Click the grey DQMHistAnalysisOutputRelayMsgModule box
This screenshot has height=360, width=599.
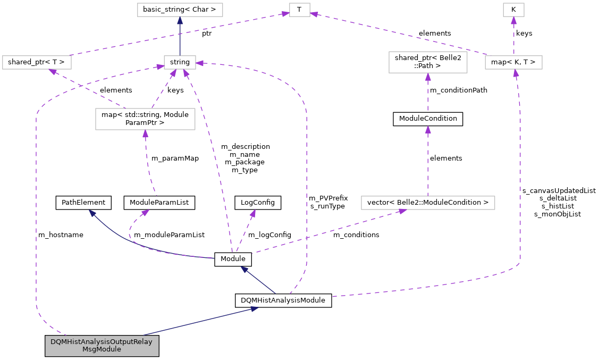(102, 346)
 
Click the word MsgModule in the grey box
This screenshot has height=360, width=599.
(102, 349)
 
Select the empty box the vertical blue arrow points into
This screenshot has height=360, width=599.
(180, 10)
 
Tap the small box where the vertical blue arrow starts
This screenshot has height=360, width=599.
(180, 62)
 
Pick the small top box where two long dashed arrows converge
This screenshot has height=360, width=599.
(300, 10)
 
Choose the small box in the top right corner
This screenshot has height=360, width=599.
(513, 10)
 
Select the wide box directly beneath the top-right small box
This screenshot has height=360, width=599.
(513, 62)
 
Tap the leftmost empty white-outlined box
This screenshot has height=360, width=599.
(37, 62)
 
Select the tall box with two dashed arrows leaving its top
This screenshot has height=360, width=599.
(145, 119)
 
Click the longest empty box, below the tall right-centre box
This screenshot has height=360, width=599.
(428, 203)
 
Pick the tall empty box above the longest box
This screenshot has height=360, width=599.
(428, 62)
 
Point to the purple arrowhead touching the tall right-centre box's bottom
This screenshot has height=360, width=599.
(428, 77)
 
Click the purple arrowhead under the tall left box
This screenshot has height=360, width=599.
(145, 133)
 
